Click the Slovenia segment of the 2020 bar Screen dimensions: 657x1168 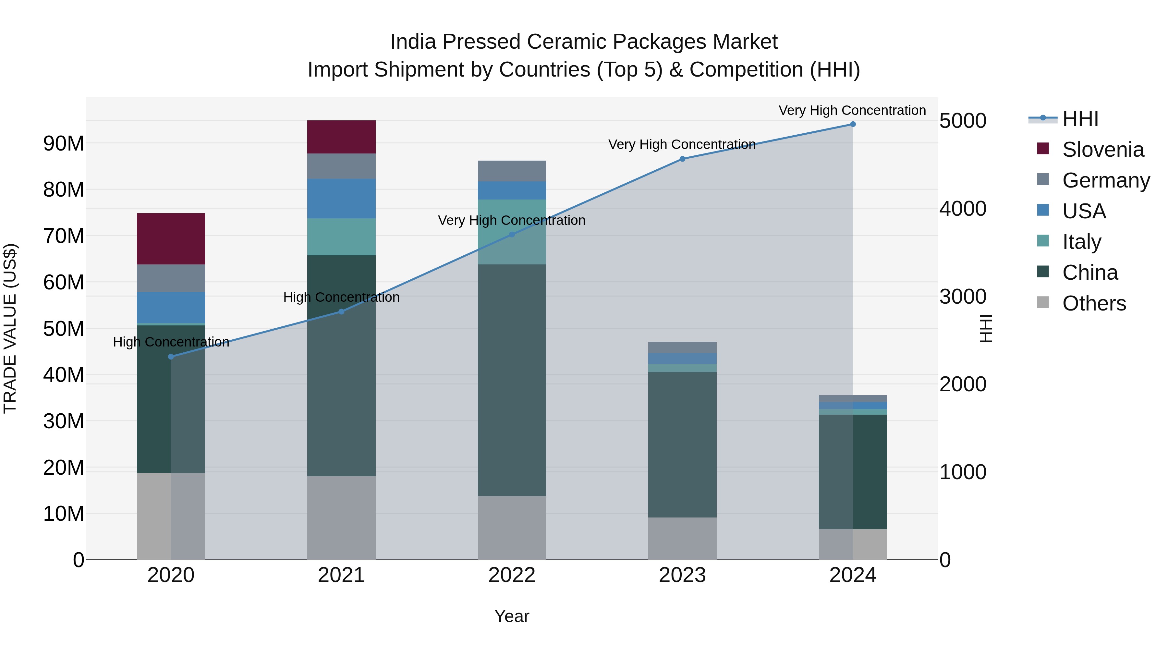click(x=171, y=238)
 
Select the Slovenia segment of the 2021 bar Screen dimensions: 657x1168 click(x=341, y=137)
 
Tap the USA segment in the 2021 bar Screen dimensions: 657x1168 click(x=341, y=198)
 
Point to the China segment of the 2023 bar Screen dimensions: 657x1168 click(x=682, y=444)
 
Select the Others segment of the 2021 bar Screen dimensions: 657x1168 click(x=341, y=517)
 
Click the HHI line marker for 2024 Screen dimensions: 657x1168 click(x=853, y=124)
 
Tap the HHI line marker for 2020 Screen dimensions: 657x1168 click(x=171, y=357)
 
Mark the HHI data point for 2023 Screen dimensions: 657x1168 click(x=682, y=159)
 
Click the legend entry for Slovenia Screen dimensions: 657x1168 click(x=1103, y=150)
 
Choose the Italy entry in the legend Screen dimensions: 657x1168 click(x=1081, y=242)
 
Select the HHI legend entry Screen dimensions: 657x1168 click(x=1080, y=119)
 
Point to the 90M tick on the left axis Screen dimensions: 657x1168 click(x=64, y=143)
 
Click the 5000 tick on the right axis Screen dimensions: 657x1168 click(x=963, y=121)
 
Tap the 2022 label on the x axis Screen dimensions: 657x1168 click(x=512, y=575)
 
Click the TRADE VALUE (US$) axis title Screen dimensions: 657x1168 click(x=10, y=328)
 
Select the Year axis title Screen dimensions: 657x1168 click(x=512, y=616)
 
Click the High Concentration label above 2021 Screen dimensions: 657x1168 click(x=341, y=298)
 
